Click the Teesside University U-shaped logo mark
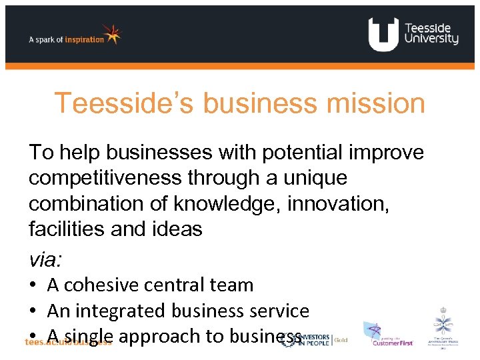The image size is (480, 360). coord(383,34)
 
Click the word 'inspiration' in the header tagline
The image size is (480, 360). coord(84,39)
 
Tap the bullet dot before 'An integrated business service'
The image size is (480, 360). coord(33,311)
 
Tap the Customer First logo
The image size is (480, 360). coord(388,334)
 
